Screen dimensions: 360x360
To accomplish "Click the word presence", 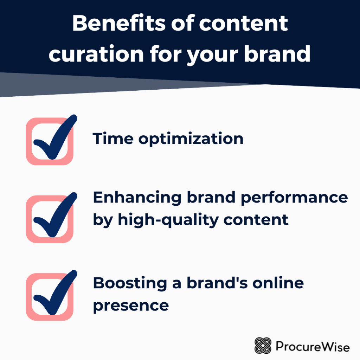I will point(131,305).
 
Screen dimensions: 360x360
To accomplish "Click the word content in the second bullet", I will point(252,220).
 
